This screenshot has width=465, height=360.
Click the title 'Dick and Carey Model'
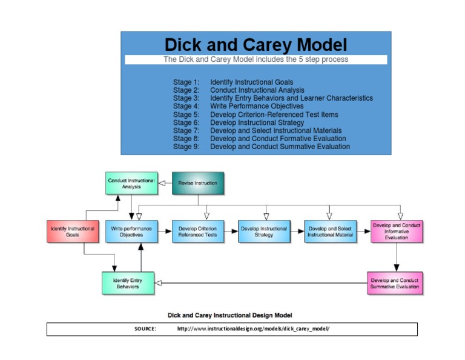pos(256,45)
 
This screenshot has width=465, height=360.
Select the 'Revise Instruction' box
pos(197,183)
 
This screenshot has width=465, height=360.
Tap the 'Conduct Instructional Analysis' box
pos(131,184)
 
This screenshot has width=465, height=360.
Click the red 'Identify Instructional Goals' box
pos(72,232)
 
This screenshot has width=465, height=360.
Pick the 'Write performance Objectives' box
pos(131,232)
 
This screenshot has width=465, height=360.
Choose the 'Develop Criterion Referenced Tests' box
pos(198,232)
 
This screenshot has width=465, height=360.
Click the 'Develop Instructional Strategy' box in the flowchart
pos(264,232)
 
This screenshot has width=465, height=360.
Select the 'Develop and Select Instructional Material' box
pos(330,232)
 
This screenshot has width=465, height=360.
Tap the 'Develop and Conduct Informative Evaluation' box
pos(397,231)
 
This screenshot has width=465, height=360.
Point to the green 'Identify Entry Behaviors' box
pos(128,283)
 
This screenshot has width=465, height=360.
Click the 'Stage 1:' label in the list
pos(186,82)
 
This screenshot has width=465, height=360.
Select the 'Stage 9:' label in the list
pos(186,147)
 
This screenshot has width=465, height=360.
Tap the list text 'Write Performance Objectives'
pos(257,106)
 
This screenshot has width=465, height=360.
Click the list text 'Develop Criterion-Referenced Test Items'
pos(274,115)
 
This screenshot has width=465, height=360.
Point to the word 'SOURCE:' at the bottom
pos(145,328)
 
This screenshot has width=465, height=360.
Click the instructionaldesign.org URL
pos(253,328)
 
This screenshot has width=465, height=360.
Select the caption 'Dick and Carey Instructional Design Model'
pos(229,315)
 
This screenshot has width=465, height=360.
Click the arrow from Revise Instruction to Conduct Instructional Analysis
pos(164,183)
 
